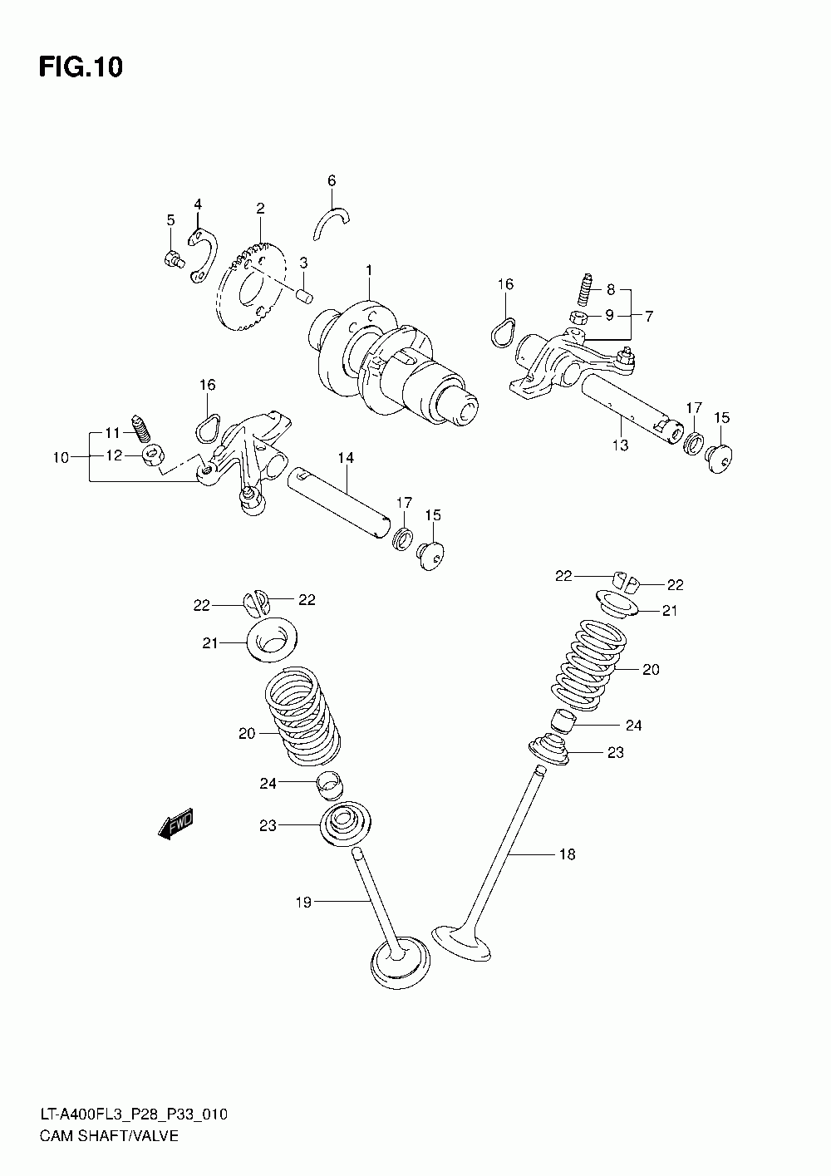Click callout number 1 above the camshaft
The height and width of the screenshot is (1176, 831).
click(369, 271)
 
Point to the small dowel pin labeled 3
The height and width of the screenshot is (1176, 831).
click(305, 293)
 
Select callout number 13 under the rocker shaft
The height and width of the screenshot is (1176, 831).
click(621, 445)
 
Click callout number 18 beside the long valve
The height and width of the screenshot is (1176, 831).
click(567, 854)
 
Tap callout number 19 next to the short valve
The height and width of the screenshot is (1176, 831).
click(303, 902)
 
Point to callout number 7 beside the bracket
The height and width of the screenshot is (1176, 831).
click(649, 317)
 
